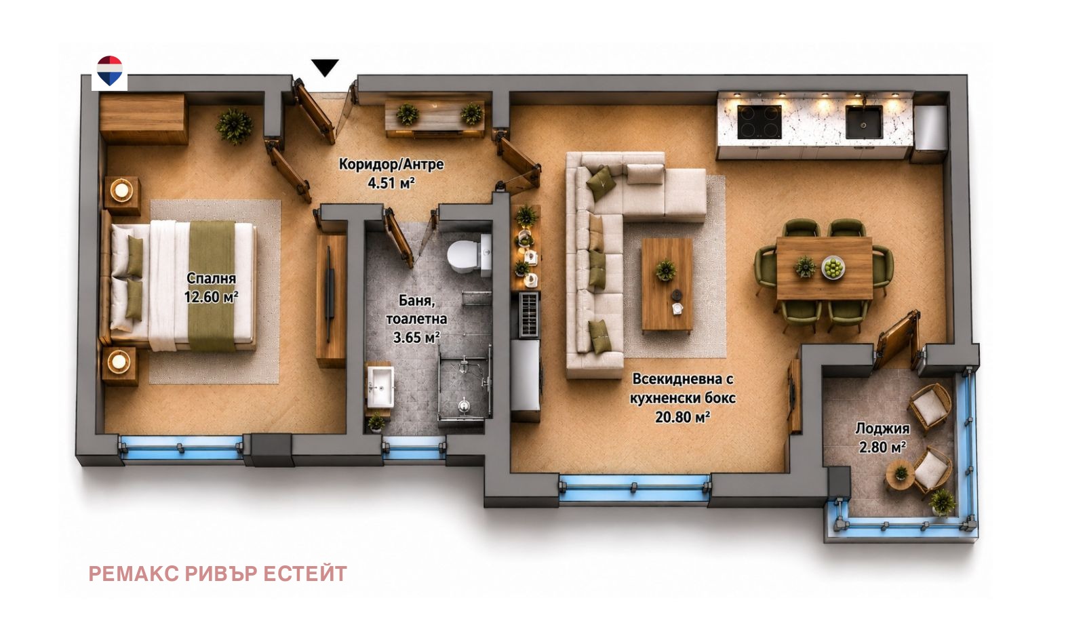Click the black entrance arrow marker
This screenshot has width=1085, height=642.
(x=325, y=67)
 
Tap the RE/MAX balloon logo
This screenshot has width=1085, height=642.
(x=110, y=71)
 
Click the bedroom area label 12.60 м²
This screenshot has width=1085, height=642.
(x=211, y=297)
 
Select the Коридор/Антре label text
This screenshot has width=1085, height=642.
(x=391, y=164)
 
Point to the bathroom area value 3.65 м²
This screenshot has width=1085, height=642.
(x=416, y=338)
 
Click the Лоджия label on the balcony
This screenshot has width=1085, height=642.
(x=882, y=428)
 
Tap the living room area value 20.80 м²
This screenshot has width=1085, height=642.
(x=682, y=417)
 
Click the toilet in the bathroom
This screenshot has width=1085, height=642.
(x=469, y=255)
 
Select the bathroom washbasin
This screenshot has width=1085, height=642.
(x=380, y=387)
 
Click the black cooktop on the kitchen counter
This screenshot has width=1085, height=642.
(x=759, y=121)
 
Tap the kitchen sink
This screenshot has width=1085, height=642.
(x=864, y=122)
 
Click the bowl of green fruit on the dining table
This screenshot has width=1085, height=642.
(x=833, y=268)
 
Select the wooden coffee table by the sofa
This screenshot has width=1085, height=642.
(x=667, y=284)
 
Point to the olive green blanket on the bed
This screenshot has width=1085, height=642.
(x=212, y=285)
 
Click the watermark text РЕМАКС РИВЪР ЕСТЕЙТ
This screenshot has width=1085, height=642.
(x=218, y=574)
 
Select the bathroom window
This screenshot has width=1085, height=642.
(x=414, y=449)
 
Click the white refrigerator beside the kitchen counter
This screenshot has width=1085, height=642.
(x=930, y=133)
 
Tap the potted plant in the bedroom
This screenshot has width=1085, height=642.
(x=234, y=126)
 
